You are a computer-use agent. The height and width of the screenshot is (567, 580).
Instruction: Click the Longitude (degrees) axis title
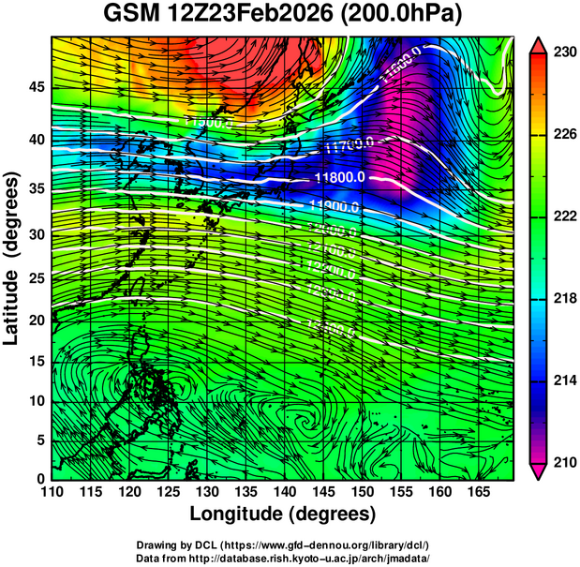283,515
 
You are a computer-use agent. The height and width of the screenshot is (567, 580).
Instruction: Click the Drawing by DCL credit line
283,545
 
